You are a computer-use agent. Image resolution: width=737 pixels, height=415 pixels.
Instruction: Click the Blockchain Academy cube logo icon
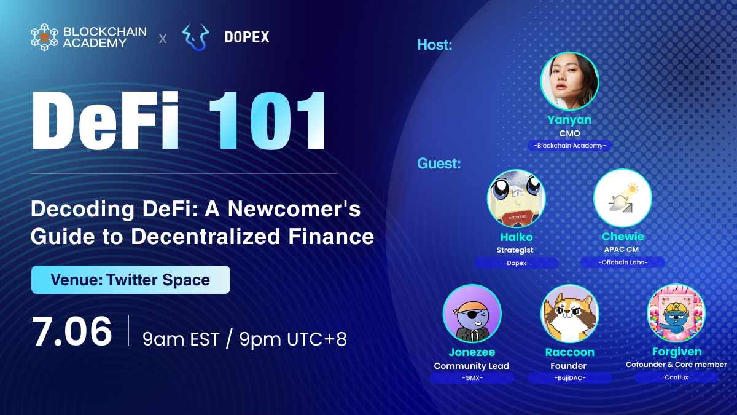(x=44, y=37)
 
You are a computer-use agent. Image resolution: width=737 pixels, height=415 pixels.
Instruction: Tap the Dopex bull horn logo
(x=196, y=38)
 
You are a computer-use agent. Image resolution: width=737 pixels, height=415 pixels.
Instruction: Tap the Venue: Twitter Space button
(x=131, y=280)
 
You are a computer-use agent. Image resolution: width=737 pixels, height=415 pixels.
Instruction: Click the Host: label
(x=434, y=45)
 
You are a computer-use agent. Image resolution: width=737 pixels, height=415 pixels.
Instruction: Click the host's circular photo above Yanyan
(x=569, y=81)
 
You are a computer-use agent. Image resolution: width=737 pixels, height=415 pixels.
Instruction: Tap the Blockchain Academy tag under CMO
(x=570, y=146)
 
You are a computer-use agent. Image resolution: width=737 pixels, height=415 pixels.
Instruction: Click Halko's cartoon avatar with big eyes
(x=516, y=199)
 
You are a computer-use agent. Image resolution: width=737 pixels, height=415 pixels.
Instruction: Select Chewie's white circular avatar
(x=622, y=199)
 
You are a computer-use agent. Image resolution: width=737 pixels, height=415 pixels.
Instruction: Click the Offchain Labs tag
(x=623, y=263)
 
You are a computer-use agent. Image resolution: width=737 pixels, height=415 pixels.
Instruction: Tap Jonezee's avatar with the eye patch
(x=472, y=314)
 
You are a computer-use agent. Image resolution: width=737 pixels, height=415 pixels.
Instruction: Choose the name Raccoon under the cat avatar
(x=569, y=352)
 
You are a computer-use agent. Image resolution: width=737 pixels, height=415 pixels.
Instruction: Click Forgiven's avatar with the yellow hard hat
(x=676, y=314)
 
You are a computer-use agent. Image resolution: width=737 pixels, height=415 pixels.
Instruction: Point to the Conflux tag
(x=676, y=377)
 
